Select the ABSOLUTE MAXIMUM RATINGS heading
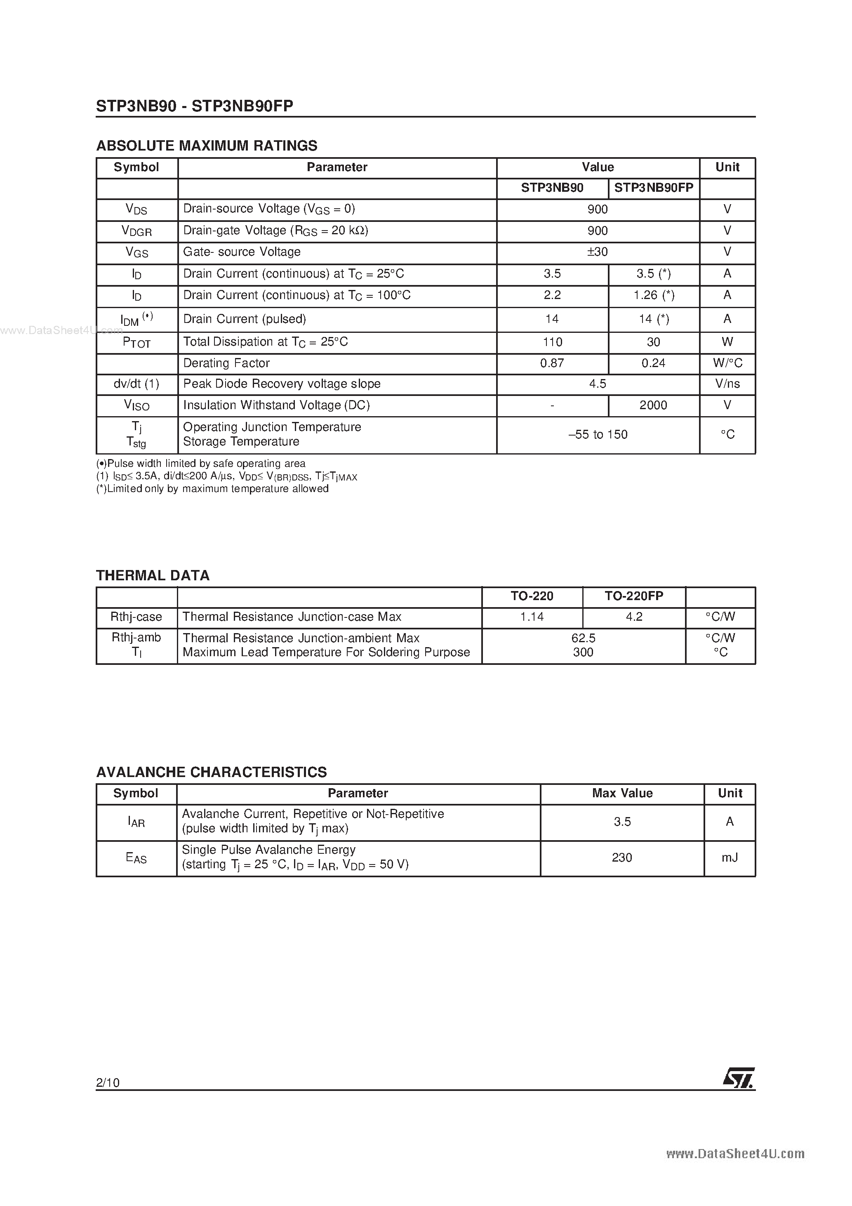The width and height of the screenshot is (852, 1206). pos(207,146)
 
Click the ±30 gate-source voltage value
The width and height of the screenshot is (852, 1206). pos(597,252)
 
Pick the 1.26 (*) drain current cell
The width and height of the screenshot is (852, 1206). pos(654,295)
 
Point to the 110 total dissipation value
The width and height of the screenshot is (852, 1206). pos(552,342)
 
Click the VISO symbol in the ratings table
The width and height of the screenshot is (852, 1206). pos(137,405)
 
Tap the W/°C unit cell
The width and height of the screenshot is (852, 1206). pos(727,363)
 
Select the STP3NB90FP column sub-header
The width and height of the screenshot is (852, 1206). pos(654,188)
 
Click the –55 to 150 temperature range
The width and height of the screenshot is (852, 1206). pos(597,434)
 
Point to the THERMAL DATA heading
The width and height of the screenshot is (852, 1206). pos(152,576)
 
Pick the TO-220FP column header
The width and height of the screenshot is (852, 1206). pos(633,596)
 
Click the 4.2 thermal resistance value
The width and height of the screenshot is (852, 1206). pos(633,617)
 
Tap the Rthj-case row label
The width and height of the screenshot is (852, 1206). pos(136,617)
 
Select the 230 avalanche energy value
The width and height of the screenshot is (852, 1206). pos(621,858)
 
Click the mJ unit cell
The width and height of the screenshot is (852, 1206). pos(729,858)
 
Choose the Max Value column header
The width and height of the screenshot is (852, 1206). pos(622,793)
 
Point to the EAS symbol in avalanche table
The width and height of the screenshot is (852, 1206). pos(136,858)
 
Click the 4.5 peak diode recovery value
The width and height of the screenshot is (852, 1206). pos(597,384)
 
